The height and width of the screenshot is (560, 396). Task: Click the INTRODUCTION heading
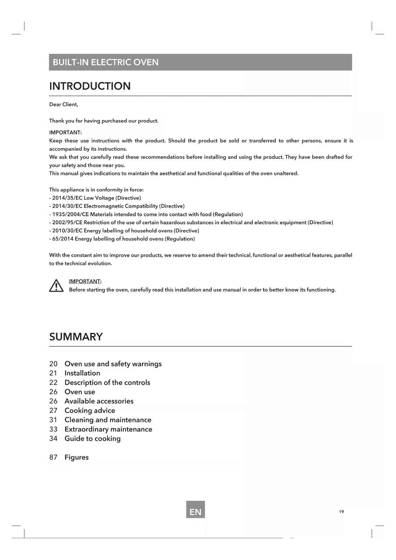tap(90, 86)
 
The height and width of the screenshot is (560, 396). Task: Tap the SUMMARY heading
tap(76, 337)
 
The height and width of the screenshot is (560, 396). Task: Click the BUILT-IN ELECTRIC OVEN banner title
tap(105, 62)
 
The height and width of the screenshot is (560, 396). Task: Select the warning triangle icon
tap(56, 286)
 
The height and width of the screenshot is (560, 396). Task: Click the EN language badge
tap(195, 512)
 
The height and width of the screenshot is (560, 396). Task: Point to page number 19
tap(341, 512)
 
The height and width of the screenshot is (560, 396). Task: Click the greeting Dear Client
tap(64, 104)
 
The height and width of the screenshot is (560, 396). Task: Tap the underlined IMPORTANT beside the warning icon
tap(85, 281)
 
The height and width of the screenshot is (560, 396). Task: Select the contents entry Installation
tap(82, 373)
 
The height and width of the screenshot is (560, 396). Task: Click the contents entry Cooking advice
tap(90, 411)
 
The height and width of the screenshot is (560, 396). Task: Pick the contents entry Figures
tap(77, 457)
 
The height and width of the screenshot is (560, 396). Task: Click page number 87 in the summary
tap(53, 457)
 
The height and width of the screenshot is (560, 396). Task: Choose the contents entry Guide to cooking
tap(93, 439)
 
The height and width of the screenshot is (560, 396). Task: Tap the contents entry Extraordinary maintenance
tap(108, 429)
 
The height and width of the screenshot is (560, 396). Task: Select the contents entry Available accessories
tap(99, 401)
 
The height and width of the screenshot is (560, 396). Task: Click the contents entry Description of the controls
tap(107, 382)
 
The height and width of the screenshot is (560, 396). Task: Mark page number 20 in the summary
tap(53, 364)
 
